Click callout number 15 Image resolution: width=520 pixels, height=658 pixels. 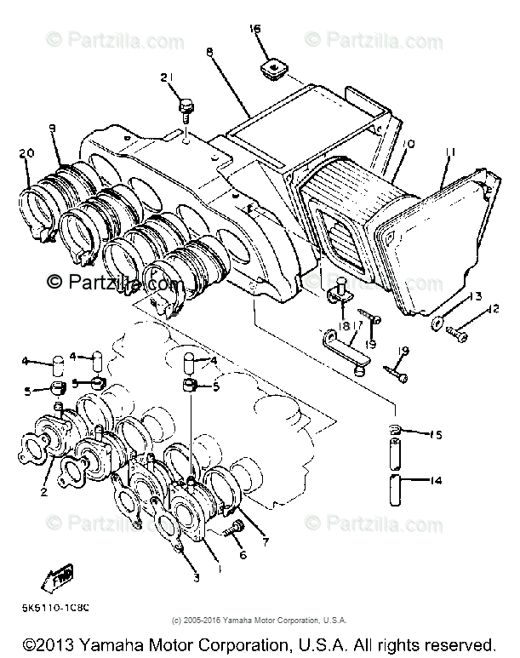[436, 436]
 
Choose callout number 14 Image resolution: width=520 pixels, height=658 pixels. [436, 481]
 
